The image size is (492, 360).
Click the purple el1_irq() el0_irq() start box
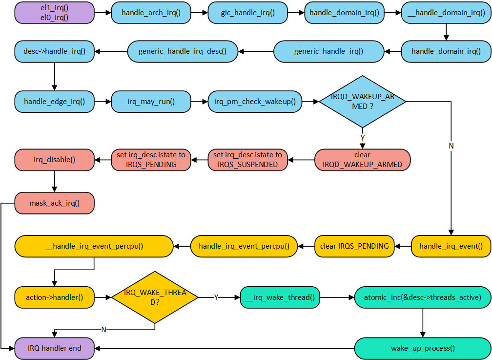pos(54,13)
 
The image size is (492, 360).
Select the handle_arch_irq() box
pos(151,13)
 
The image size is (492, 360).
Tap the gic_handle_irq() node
pos(247,13)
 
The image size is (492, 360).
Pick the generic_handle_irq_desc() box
pos(183,51)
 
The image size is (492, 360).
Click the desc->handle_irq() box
pos(54,51)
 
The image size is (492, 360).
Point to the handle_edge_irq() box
pos(54,102)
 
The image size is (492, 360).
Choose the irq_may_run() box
pos(150,102)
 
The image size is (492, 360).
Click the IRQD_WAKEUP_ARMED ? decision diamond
pos(362,102)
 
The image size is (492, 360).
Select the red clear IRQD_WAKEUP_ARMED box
pos(362,160)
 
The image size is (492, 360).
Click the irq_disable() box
pos(54,160)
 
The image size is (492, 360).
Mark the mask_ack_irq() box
pos(54,203)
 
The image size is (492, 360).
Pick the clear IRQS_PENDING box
pos(354,246)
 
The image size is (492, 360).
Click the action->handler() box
pos(54,297)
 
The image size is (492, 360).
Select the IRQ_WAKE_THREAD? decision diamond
pos(155,297)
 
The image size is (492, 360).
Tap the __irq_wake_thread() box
pos(279,297)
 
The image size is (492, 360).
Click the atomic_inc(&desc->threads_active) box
pos(422,297)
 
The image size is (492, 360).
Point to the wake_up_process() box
pos(422,348)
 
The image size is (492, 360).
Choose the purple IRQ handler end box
pos(54,348)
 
